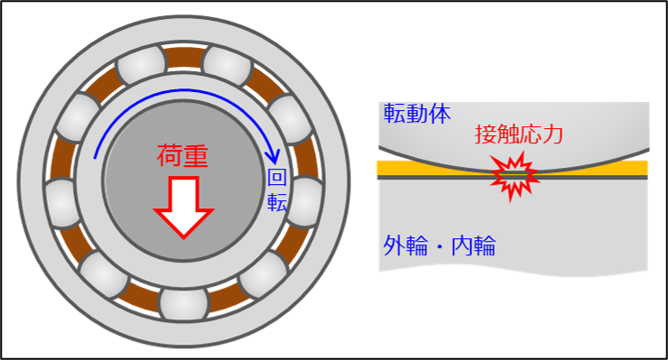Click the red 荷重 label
coord(182,156)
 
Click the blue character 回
coord(276,178)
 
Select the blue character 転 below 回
coord(276,203)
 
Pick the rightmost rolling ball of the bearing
coord(305,200)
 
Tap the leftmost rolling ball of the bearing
coord(61,200)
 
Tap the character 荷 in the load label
coord(170,156)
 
